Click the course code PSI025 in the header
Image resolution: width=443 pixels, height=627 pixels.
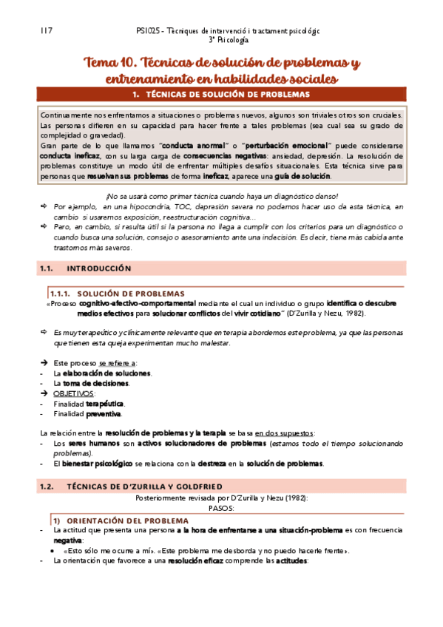tap(152, 32)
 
